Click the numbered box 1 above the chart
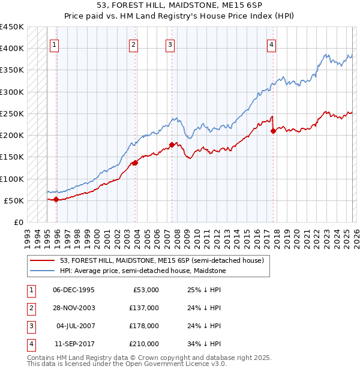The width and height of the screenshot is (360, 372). [55, 44]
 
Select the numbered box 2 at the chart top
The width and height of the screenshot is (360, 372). [133, 44]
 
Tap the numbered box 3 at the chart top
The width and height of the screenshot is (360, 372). [170, 44]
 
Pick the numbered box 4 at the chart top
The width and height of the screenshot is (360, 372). [271, 44]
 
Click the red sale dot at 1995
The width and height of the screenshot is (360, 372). [56, 199]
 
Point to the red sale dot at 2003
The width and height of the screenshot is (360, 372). [135, 163]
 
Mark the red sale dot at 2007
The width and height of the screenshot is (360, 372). [172, 145]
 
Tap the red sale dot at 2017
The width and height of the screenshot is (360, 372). [273, 131]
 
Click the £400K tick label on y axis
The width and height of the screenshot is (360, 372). [12, 49]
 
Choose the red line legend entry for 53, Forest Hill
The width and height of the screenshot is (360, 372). [161, 260]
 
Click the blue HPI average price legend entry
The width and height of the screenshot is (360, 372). [142, 271]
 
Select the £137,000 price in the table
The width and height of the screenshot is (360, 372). [144, 308]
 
